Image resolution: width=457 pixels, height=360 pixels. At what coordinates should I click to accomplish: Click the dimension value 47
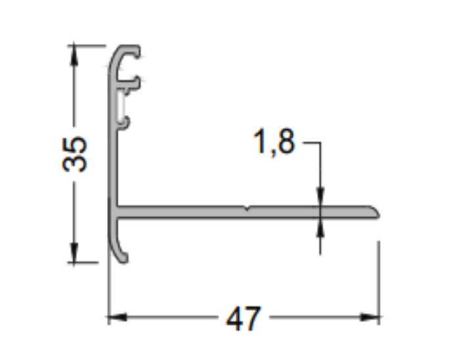tap(244, 320)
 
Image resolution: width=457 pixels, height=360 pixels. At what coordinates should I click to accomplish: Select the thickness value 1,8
tap(274, 142)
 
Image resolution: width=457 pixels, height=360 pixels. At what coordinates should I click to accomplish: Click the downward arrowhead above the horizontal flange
tap(320, 198)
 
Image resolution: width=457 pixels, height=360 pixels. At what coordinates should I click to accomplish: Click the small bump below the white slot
tap(126, 121)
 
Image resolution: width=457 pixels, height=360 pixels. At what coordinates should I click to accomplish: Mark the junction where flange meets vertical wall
tap(118, 212)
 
